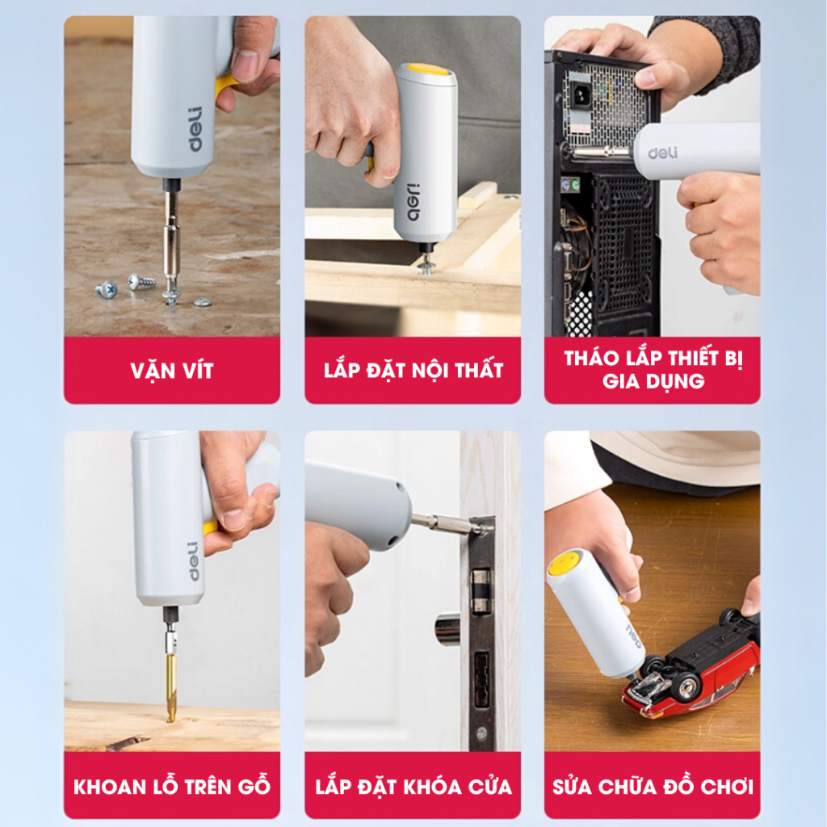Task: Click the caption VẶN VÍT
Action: click(x=172, y=371)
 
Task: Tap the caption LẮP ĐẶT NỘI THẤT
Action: click(x=413, y=370)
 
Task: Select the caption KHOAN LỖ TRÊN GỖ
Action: click(x=172, y=786)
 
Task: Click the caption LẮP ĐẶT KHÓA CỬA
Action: click(x=413, y=786)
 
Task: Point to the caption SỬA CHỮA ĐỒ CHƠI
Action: click(x=653, y=786)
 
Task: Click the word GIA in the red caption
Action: click(x=621, y=381)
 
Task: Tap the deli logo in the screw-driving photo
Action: click(x=195, y=130)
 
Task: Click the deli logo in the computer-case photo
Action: click(x=662, y=153)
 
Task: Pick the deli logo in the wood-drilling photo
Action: click(x=194, y=560)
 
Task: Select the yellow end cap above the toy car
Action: click(x=564, y=562)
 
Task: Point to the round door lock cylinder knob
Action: click(x=447, y=628)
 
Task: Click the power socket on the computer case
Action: click(x=581, y=95)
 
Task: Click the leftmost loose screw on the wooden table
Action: click(x=107, y=289)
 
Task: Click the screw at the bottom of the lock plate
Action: click(x=481, y=733)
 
